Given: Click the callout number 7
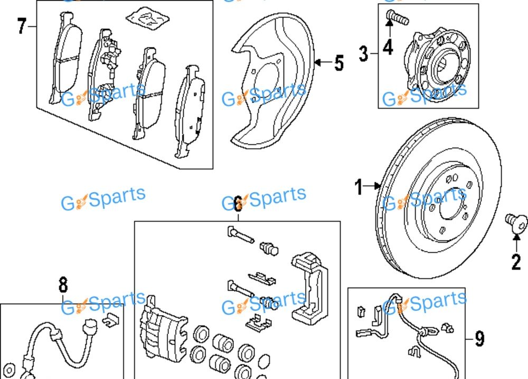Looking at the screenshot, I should tap(21, 26).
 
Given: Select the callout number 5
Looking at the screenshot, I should tap(338, 63).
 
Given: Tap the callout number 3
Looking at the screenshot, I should tap(364, 53).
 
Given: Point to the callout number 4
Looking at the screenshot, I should tap(388, 47).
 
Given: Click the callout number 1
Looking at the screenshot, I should tap(360, 186).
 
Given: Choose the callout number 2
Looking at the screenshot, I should tap(516, 260).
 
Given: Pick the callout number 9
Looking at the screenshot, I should tap(479, 338).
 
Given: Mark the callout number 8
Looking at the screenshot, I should tap(63, 286).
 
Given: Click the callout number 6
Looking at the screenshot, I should tap(238, 202).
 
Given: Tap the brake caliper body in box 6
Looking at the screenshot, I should tap(164, 333).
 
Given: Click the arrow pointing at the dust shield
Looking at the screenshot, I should tap(320, 63).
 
